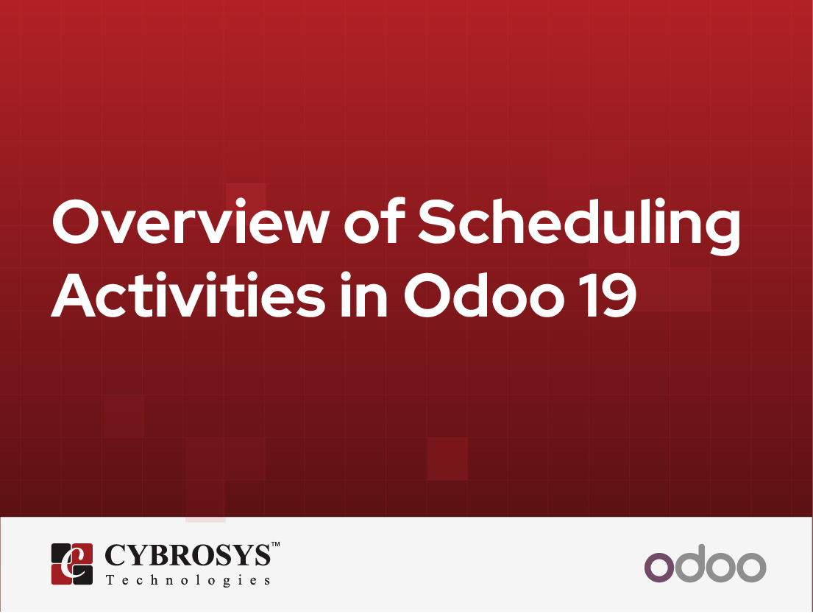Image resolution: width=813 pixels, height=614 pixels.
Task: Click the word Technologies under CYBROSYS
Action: point(188,580)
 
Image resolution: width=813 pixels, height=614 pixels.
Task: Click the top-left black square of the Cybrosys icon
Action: point(62,554)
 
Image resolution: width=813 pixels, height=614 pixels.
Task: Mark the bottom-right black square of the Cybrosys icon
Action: point(83,575)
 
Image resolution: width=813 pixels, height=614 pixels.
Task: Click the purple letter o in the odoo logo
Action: point(659,567)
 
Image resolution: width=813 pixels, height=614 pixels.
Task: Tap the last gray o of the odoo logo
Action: point(749,567)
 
